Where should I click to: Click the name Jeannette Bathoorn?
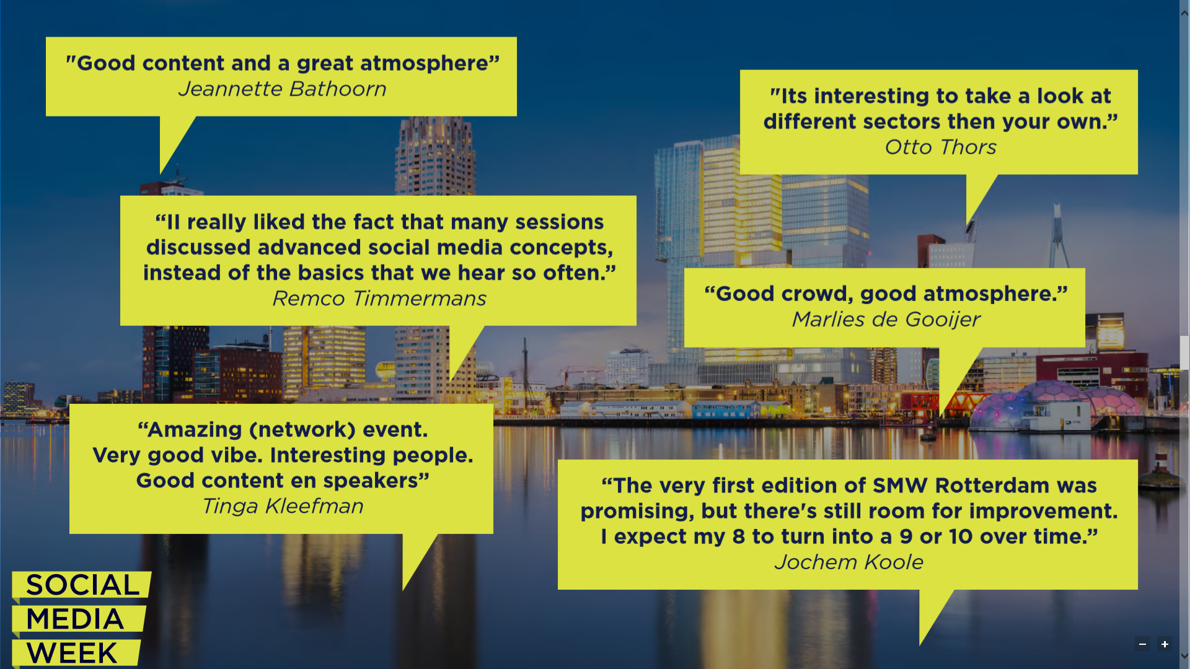[x=282, y=89]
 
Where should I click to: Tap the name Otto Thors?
[x=940, y=147]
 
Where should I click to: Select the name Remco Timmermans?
[x=379, y=299]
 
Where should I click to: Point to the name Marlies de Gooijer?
[x=886, y=320]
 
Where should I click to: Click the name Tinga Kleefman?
[x=283, y=507]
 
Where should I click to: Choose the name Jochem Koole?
[x=848, y=562]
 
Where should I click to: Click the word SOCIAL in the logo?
[x=82, y=585]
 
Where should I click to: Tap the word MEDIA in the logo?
[x=75, y=619]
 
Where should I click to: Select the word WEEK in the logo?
[x=72, y=653]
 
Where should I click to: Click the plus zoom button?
[x=1165, y=644]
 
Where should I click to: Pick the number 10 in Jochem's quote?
[x=961, y=537]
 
